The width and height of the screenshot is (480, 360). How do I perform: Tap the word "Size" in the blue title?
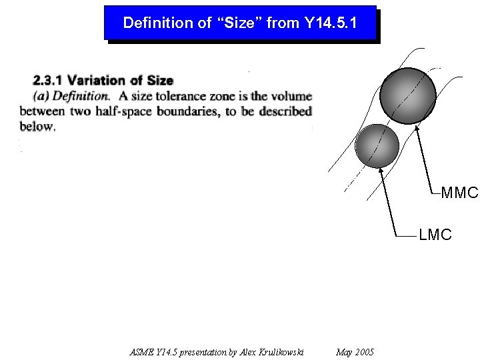[x=237, y=23]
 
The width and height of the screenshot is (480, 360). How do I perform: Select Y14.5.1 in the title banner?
[x=331, y=23]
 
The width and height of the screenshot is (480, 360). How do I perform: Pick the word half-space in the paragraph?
[x=124, y=111]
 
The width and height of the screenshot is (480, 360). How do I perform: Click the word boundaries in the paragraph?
[x=186, y=111]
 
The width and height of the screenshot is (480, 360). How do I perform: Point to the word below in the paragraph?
[x=37, y=126]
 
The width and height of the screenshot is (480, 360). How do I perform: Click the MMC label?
[x=459, y=193]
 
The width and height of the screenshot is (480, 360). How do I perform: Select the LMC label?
[x=435, y=235]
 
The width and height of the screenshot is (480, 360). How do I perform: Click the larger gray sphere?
[x=407, y=95]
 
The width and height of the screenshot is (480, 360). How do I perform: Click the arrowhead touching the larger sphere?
[x=417, y=127]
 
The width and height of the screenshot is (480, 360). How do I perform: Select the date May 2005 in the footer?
[x=355, y=352]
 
